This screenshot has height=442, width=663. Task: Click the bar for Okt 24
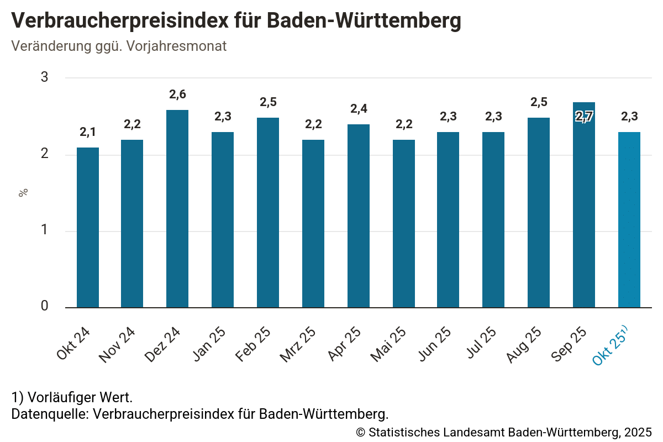[x=88, y=227]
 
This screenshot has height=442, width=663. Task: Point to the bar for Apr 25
[x=359, y=215]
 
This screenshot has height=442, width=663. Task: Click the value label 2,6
[x=177, y=94]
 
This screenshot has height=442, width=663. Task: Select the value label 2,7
[x=584, y=117]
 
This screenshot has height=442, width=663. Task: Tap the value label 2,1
[x=88, y=132]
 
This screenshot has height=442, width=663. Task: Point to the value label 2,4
[x=359, y=109]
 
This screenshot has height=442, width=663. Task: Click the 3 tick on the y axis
[x=45, y=77]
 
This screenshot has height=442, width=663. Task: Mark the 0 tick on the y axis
[x=45, y=307]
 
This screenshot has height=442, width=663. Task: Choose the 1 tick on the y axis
[x=45, y=231]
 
